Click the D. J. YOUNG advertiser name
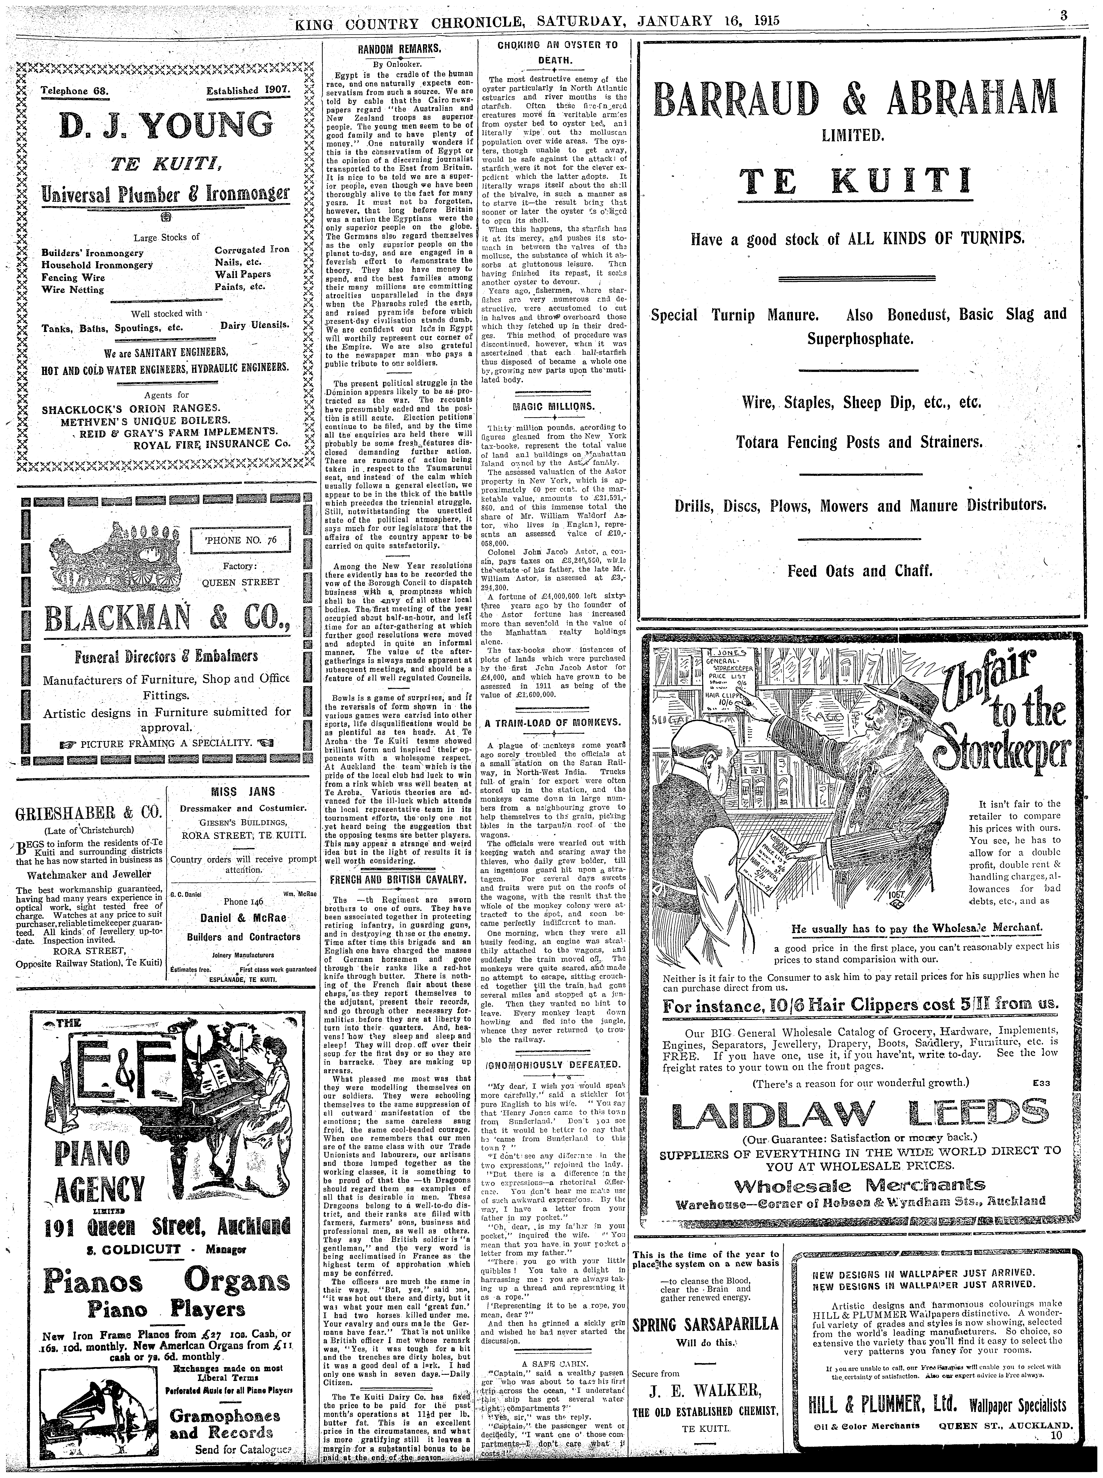165,126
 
